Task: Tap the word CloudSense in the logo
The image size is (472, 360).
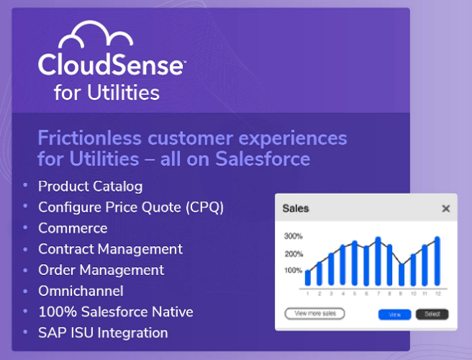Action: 112,66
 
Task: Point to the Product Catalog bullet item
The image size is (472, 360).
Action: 90,186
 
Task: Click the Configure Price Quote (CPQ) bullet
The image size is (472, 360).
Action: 131,207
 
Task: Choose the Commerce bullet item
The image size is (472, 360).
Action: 73,228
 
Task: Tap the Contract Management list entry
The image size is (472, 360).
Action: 110,248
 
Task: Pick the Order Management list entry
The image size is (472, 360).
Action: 101,270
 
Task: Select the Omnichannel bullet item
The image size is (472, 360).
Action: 81,291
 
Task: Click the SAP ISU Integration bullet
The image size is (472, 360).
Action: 103,333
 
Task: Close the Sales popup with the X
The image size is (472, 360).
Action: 446,209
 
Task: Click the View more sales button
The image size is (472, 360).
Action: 314,314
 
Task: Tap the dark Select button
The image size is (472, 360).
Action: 432,314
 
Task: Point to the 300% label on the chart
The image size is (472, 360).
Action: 293,236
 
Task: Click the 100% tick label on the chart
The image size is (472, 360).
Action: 293,271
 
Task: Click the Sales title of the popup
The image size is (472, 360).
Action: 296,209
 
